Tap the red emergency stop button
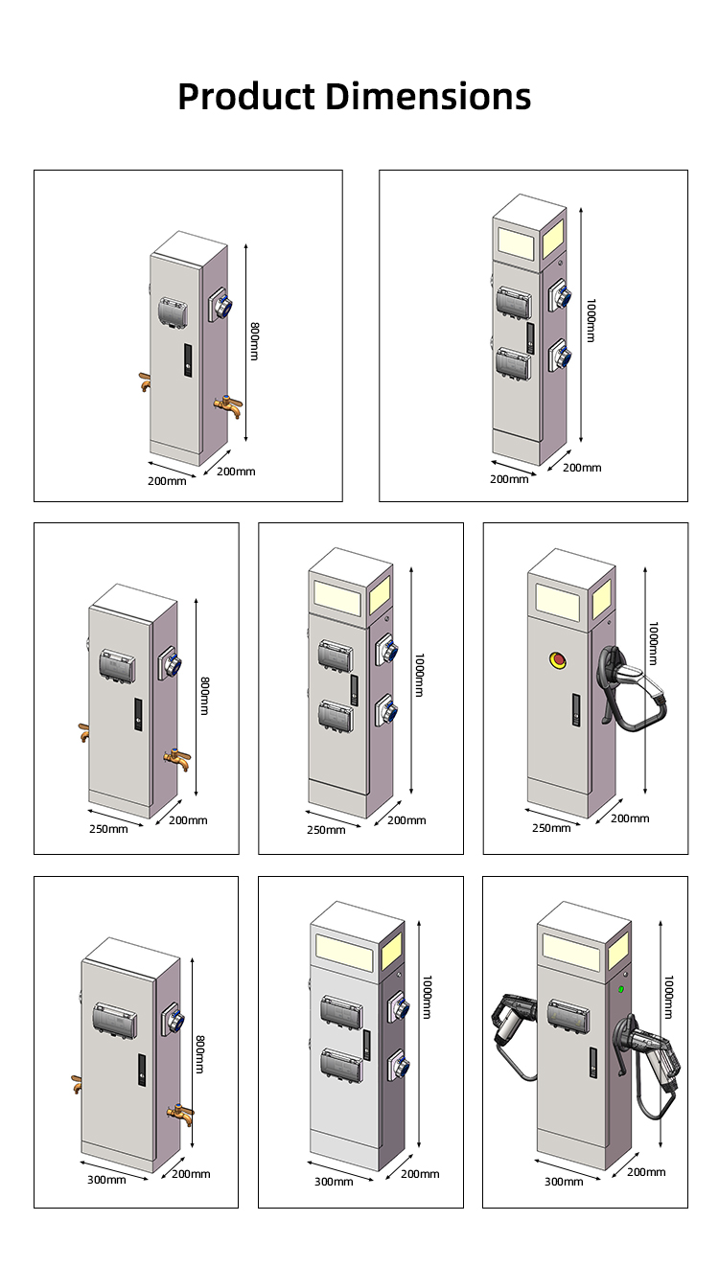(x=555, y=658)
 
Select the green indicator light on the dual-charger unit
(x=621, y=989)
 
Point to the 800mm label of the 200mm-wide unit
(x=255, y=341)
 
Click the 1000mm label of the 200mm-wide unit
(x=591, y=319)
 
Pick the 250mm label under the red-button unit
(x=551, y=827)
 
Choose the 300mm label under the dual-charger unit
(x=564, y=1181)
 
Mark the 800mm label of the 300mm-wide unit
(x=199, y=1053)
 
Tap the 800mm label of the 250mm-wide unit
(x=203, y=695)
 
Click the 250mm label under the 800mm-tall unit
(x=107, y=828)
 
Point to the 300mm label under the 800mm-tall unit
(x=106, y=1180)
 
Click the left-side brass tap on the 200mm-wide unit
(x=145, y=381)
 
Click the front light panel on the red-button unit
(x=556, y=600)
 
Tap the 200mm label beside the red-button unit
(x=630, y=818)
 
